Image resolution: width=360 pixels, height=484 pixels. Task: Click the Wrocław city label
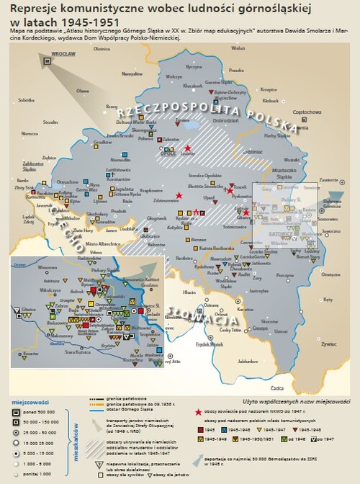(63, 55)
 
